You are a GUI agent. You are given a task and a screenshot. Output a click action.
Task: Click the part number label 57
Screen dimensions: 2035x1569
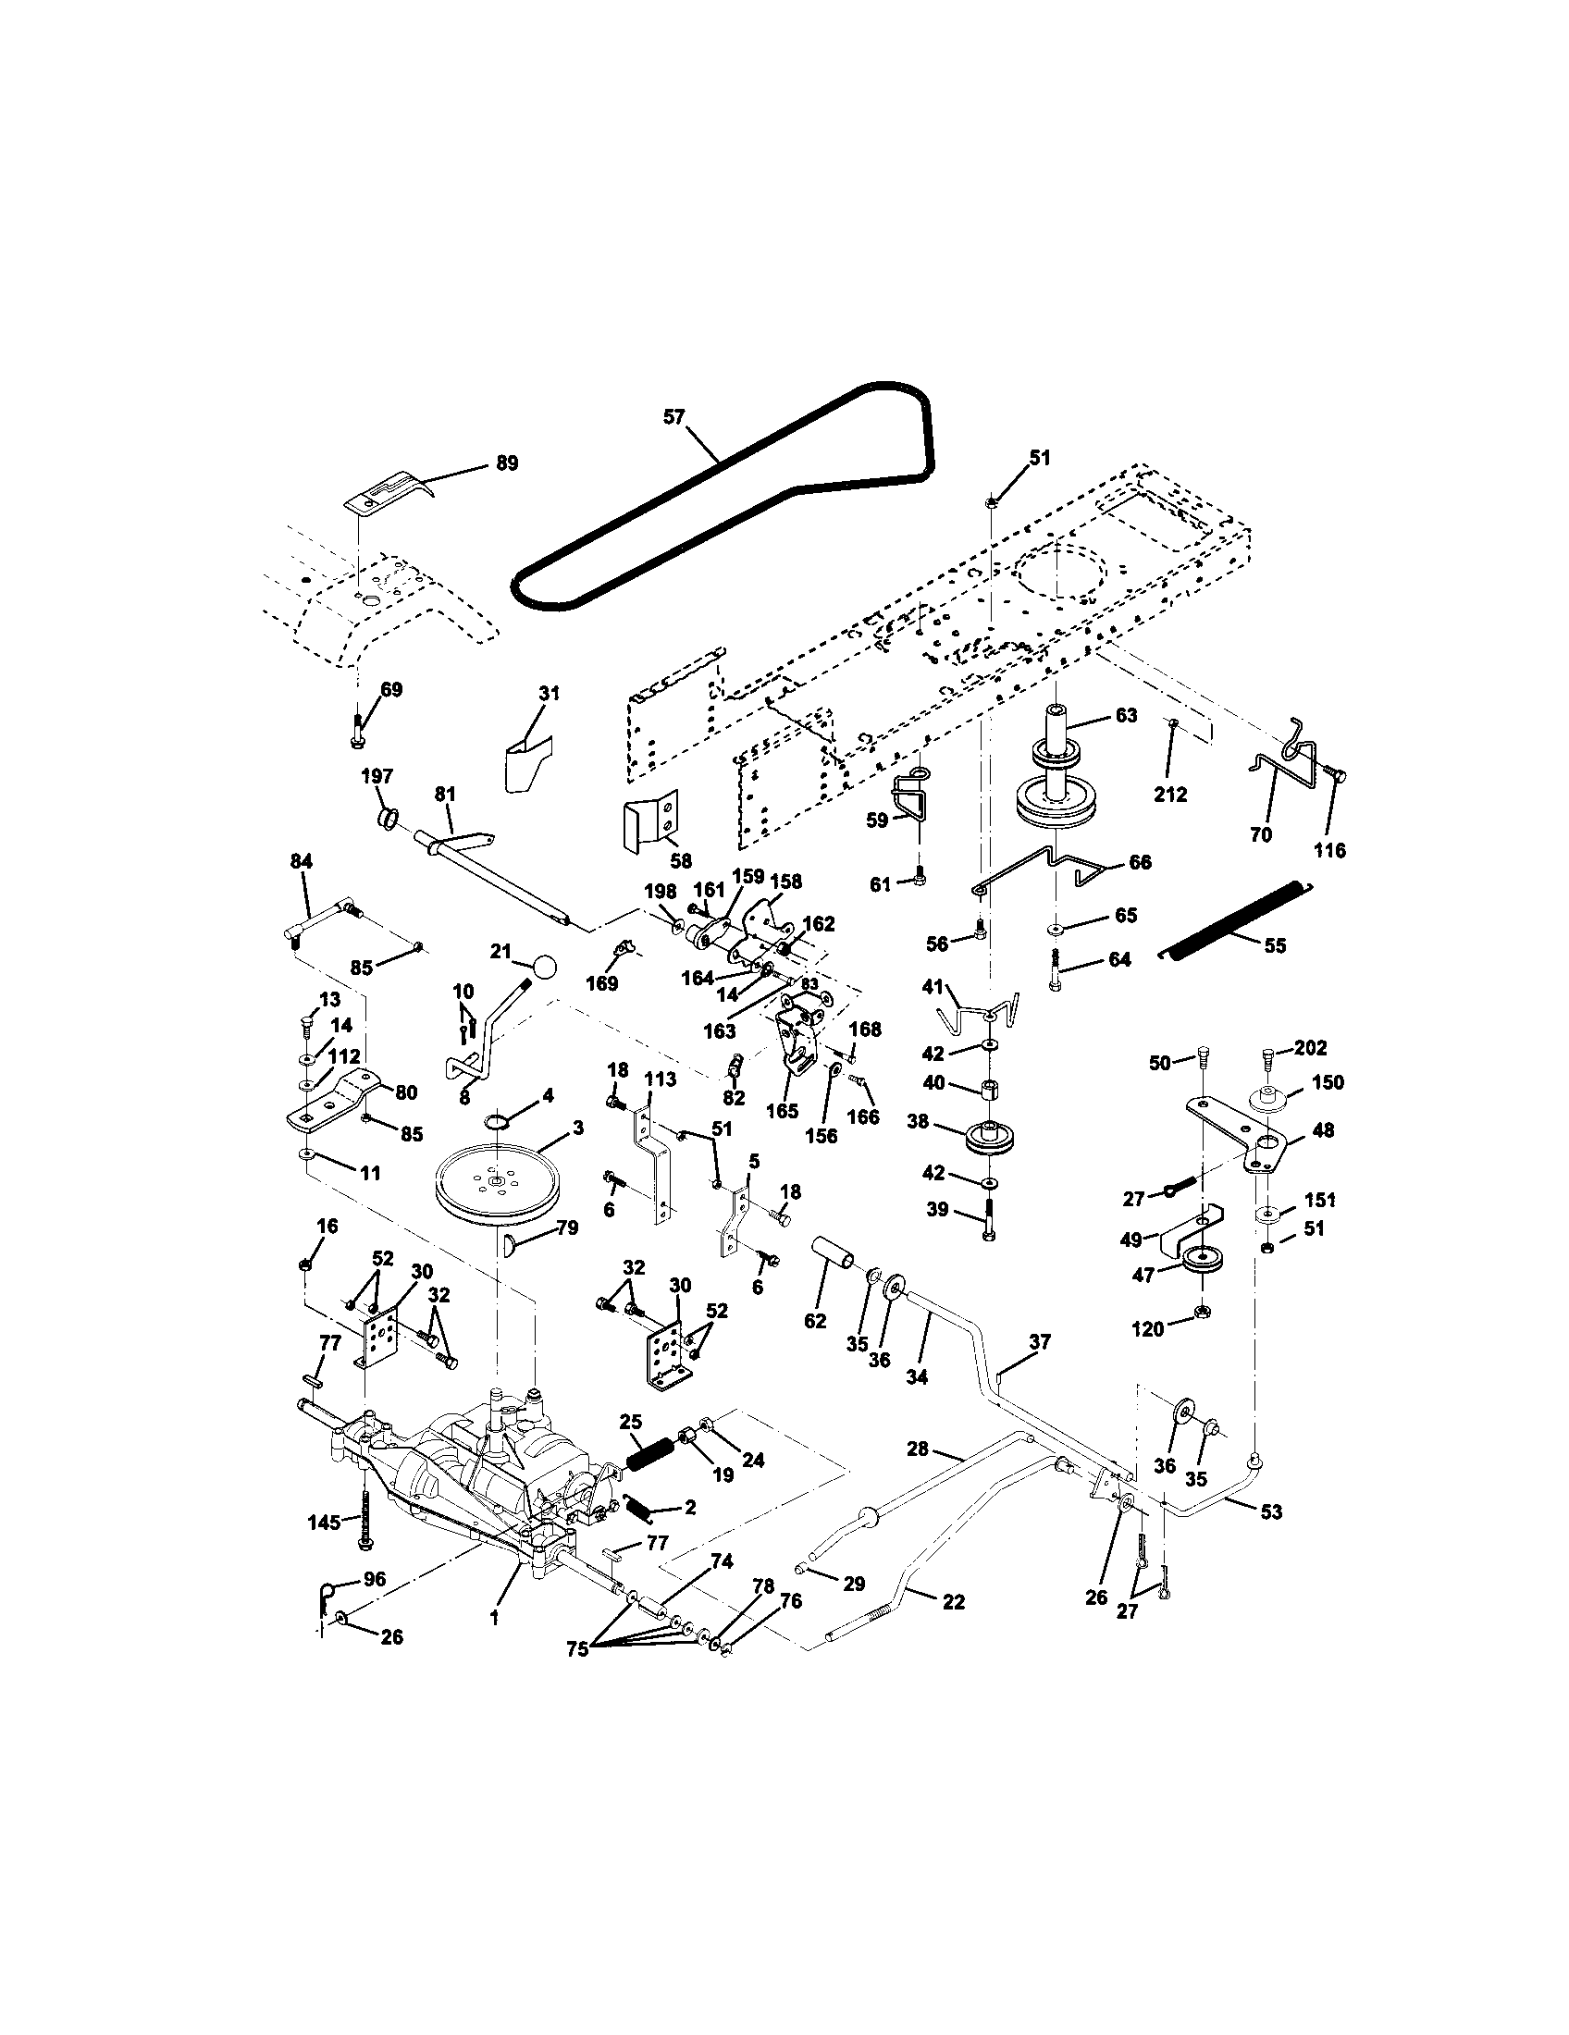(x=673, y=416)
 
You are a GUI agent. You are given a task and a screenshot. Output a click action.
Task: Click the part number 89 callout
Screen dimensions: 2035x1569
(x=506, y=463)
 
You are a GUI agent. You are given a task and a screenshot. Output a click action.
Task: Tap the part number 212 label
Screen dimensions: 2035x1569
(x=1170, y=795)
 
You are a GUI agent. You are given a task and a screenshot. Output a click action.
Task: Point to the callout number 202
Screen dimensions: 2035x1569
(x=1310, y=1046)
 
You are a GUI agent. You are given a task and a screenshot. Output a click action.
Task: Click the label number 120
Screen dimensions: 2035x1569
(x=1148, y=1329)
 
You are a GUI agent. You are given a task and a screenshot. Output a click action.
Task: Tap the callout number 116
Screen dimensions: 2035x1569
(x=1329, y=850)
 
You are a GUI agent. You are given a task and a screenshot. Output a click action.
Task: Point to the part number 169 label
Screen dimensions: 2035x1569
(x=603, y=984)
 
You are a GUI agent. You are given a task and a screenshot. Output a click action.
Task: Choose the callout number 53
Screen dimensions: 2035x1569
(x=1271, y=1511)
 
